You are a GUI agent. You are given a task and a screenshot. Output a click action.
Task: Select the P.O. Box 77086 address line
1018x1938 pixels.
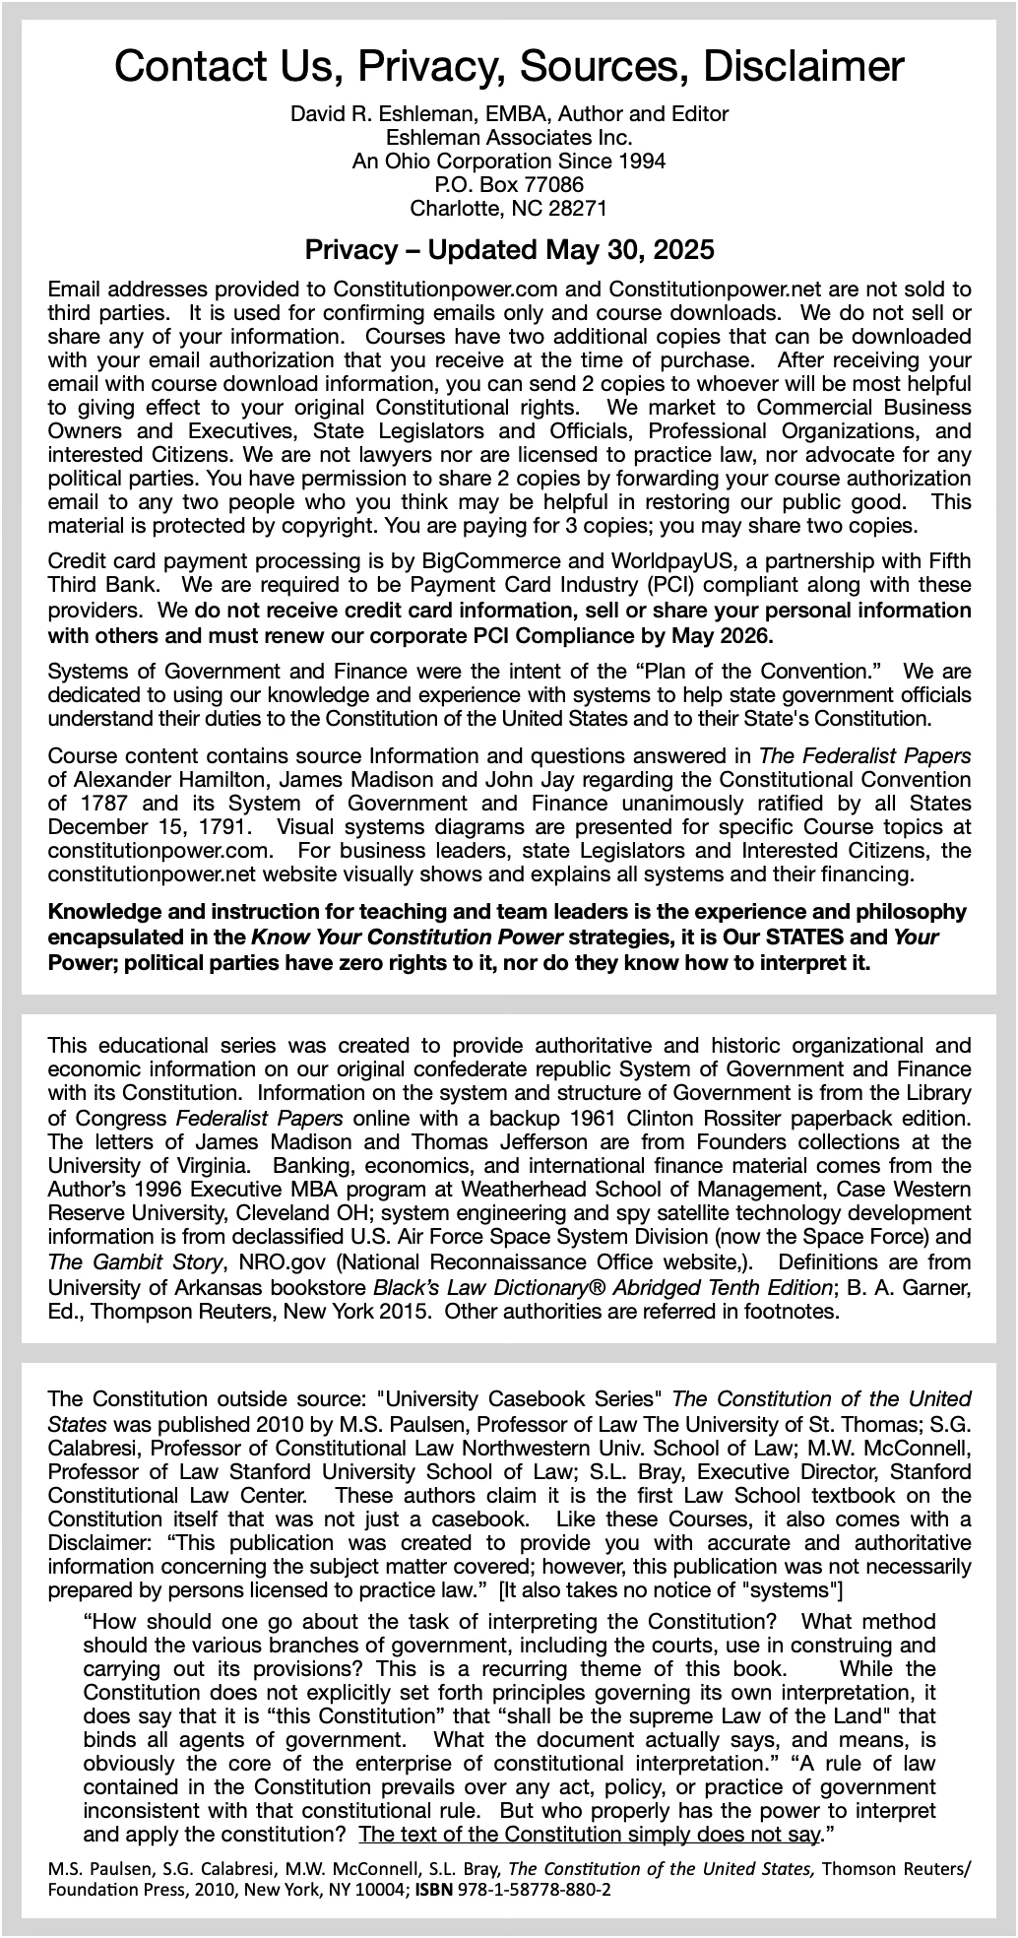coord(509,184)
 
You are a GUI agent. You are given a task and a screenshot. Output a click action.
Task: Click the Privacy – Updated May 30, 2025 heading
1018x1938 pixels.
coord(509,249)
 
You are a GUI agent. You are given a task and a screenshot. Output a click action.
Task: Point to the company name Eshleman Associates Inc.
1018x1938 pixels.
coord(509,137)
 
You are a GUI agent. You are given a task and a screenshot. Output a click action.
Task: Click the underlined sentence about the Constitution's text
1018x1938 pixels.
coord(592,1835)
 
